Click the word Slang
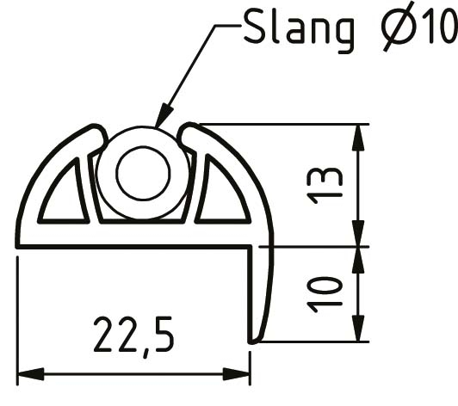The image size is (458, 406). (x=298, y=29)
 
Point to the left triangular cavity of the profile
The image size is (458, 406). (x=64, y=198)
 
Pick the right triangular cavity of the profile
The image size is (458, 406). (x=220, y=198)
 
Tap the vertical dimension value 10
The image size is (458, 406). (x=327, y=293)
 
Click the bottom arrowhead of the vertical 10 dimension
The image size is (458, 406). (x=358, y=333)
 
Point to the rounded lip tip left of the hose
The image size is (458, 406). (x=97, y=132)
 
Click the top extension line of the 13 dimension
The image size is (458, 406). (x=284, y=124)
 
